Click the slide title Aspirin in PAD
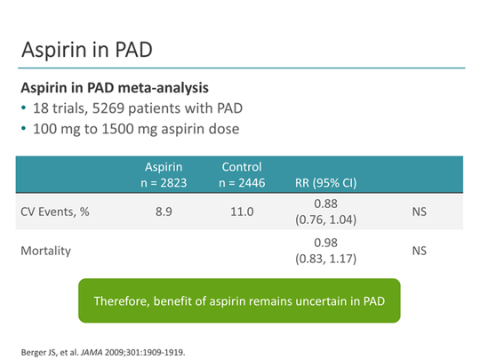pos(87,50)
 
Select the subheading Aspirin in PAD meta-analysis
pos(115,88)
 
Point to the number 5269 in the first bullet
pos(108,108)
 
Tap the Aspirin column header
pos(164,167)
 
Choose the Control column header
pos(242,167)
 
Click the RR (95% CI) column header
pos(325,183)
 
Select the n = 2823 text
pos(164,183)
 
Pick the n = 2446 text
pos(242,183)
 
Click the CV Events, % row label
pos(55,212)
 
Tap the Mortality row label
pos(45,251)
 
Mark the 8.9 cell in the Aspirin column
pos(164,212)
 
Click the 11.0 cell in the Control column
pos(242,212)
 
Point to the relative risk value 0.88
pos(325,204)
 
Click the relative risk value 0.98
pos(325,243)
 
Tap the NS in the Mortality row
pos(420,251)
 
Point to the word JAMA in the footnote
pos(92,352)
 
